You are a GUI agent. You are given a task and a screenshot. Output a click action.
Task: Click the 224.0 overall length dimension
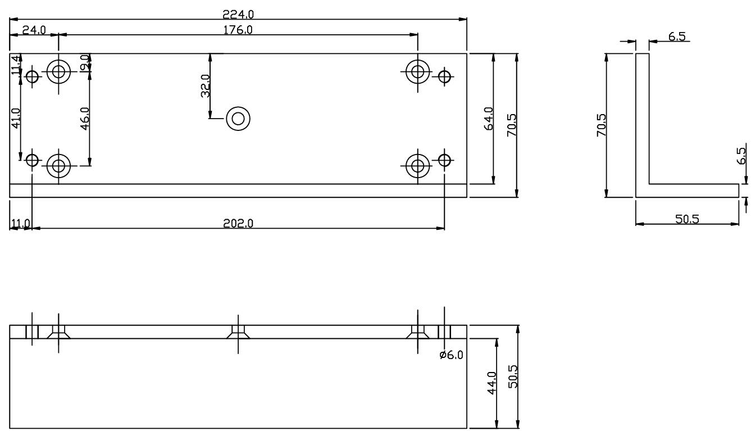tap(238, 15)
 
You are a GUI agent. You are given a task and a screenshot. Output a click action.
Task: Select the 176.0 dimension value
tap(238, 30)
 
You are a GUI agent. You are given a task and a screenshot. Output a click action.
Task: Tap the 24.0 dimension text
tap(34, 30)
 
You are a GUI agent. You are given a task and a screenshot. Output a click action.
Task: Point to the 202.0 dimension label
tap(238, 223)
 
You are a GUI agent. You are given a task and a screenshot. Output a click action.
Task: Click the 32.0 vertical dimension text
tap(205, 86)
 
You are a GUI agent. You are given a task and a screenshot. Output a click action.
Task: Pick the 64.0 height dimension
tap(489, 119)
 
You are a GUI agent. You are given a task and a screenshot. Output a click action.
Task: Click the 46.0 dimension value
tap(85, 119)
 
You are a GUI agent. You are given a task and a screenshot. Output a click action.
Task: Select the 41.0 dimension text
tap(16, 118)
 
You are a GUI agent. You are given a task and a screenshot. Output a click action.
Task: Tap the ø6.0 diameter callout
tap(451, 355)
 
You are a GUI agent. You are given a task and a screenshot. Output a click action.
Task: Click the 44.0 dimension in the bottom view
tap(491, 383)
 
